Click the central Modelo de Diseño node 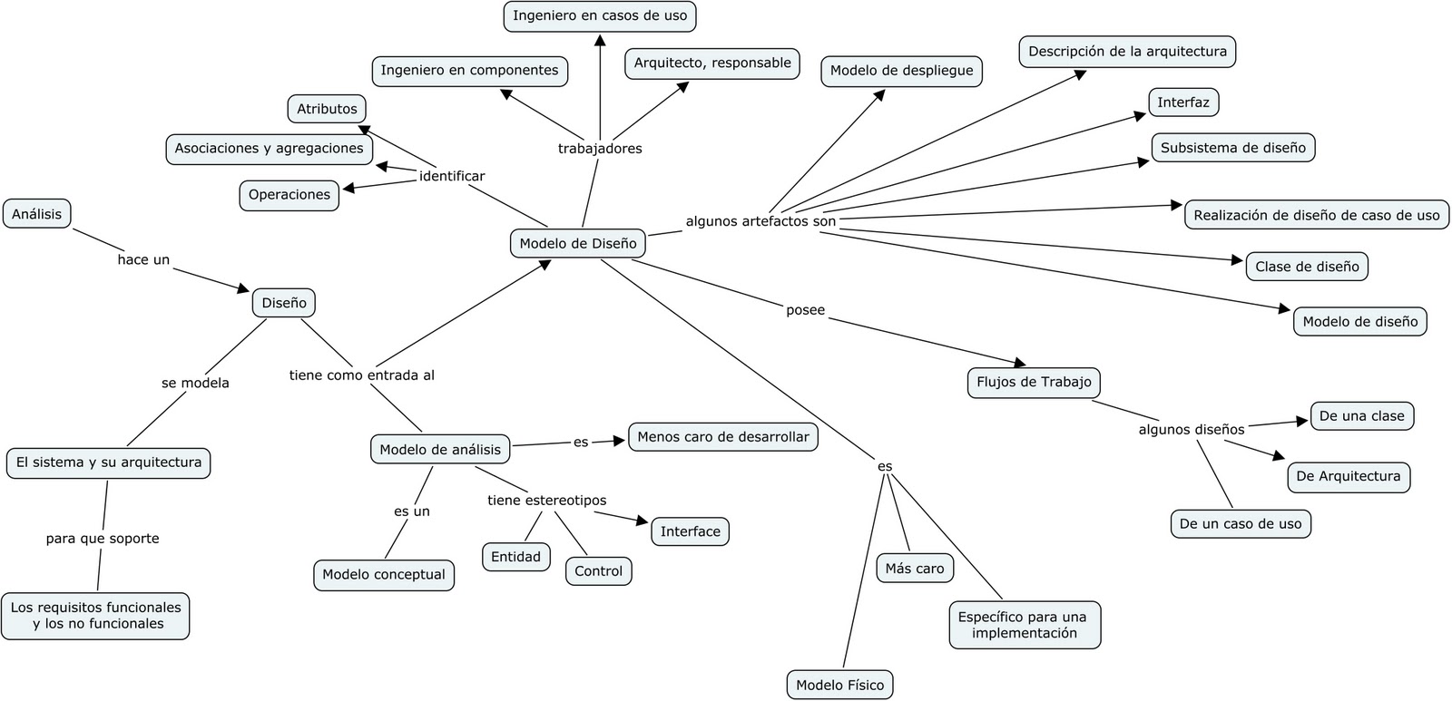click(x=578, y=243)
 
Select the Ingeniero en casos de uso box click(x=600, y=15)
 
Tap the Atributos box click(x=327, y=109)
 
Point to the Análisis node click(x=37, y=214)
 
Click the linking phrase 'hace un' click(x=143, y=259)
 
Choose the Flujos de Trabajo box click(x=1034, y=382)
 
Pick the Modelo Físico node click(x=839, y=685)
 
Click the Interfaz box click(x=1182, y=102)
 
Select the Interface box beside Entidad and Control click(x=690, y=531)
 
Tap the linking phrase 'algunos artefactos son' click(x=760, y=220)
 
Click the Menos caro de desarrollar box click(x=722, y=436)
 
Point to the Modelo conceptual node click(x=383, y=574)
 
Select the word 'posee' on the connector click(x=805, y=310)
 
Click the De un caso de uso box click(x=1240, y=523)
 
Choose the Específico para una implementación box click(x=1024, y=625)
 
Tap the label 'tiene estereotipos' click(x=546, y=500)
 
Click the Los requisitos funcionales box click(x=95, y=615)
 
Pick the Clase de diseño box click(x=1307, y=266)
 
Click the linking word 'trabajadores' click(x=600, y=148)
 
